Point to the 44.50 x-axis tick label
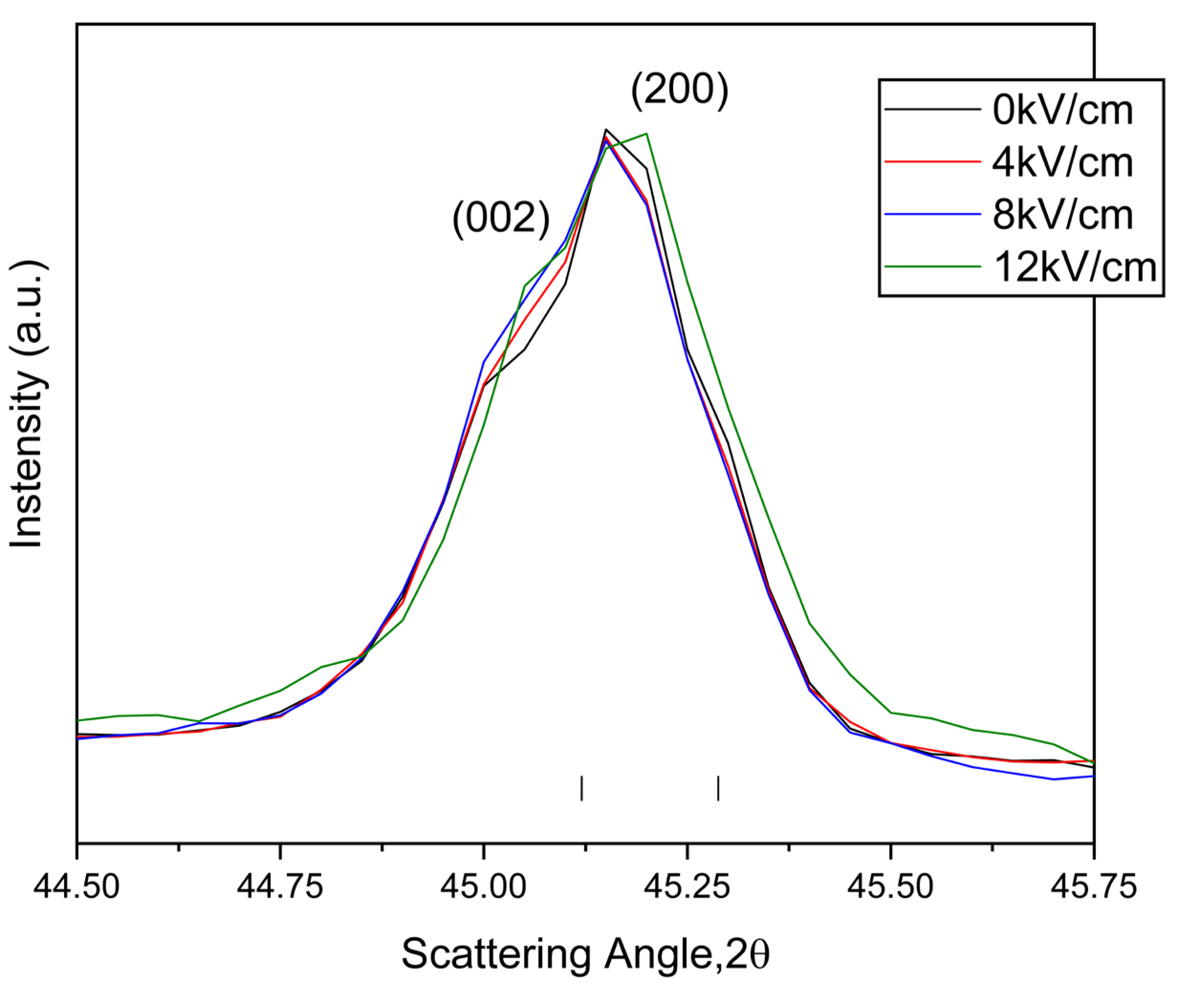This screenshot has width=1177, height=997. (x=76, y=887)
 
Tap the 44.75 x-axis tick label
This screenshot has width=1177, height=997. (x=280, y=887)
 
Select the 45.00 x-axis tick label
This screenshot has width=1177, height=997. (x=483, y=887)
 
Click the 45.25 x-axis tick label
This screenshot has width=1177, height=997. (x=687, y=887)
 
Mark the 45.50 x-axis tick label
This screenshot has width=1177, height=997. (x=890, y=887)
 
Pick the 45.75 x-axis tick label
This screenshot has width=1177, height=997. (x=1094, y=887)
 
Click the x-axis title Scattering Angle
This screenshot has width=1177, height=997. (x=585, y=954)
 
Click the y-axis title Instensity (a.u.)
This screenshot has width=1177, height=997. (x=27, y=404)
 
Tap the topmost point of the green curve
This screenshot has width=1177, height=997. (x=646, y=134)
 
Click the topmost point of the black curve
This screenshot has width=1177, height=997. (x=606, y=130)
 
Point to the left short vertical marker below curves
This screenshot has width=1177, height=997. (x=582, y=788)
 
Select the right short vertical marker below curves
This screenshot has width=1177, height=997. (x=718, y=788)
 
